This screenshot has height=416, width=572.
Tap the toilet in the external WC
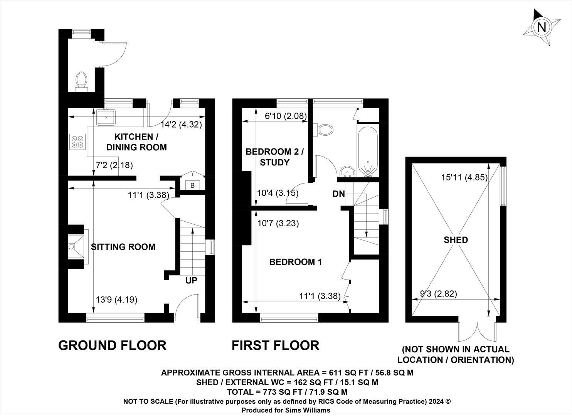[81, 82]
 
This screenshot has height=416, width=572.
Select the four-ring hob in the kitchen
[77, 142]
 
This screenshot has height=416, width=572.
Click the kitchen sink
[106, 117]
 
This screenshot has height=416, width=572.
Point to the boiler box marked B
[193, 185]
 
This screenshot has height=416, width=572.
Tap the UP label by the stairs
[191, 280]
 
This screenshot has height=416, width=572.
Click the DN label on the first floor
[338, 194]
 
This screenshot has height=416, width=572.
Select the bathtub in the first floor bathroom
[368, 152]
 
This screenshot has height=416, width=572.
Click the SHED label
[456, 240]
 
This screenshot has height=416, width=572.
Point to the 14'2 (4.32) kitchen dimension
[181, 125]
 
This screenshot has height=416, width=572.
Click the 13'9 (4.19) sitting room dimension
[116, 299]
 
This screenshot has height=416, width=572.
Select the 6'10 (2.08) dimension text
[286, 116]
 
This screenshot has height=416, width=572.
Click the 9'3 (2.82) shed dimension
[439, 294]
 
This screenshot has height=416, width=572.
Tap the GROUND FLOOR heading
[113, 345]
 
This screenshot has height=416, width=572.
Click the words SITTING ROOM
[123, 247]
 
